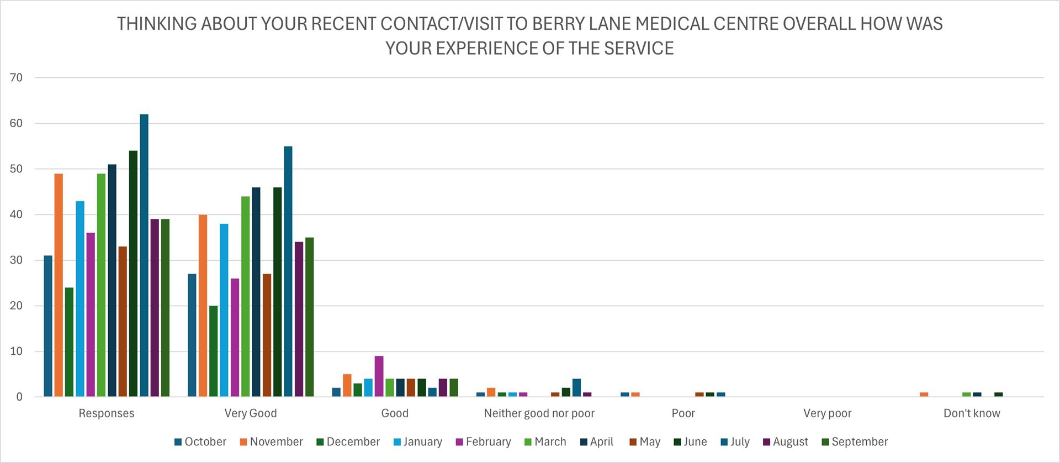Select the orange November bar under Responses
[x=59, y=285]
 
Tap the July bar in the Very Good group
[x=288, y=271]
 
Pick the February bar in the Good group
[x=379, y=376]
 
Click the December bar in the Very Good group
[x=213, y=351]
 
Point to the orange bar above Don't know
[x=924, y=394]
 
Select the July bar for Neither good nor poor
[x=576, y=387]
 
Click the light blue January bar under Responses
[x=80, y=298]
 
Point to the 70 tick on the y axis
[x=17, y=78]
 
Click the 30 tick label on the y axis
[x=17, y=260]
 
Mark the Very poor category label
[x=827, y=413]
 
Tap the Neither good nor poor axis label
[x=539, y=413]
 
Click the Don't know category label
[x=972, y=413]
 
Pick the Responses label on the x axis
[x=107, y=413]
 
